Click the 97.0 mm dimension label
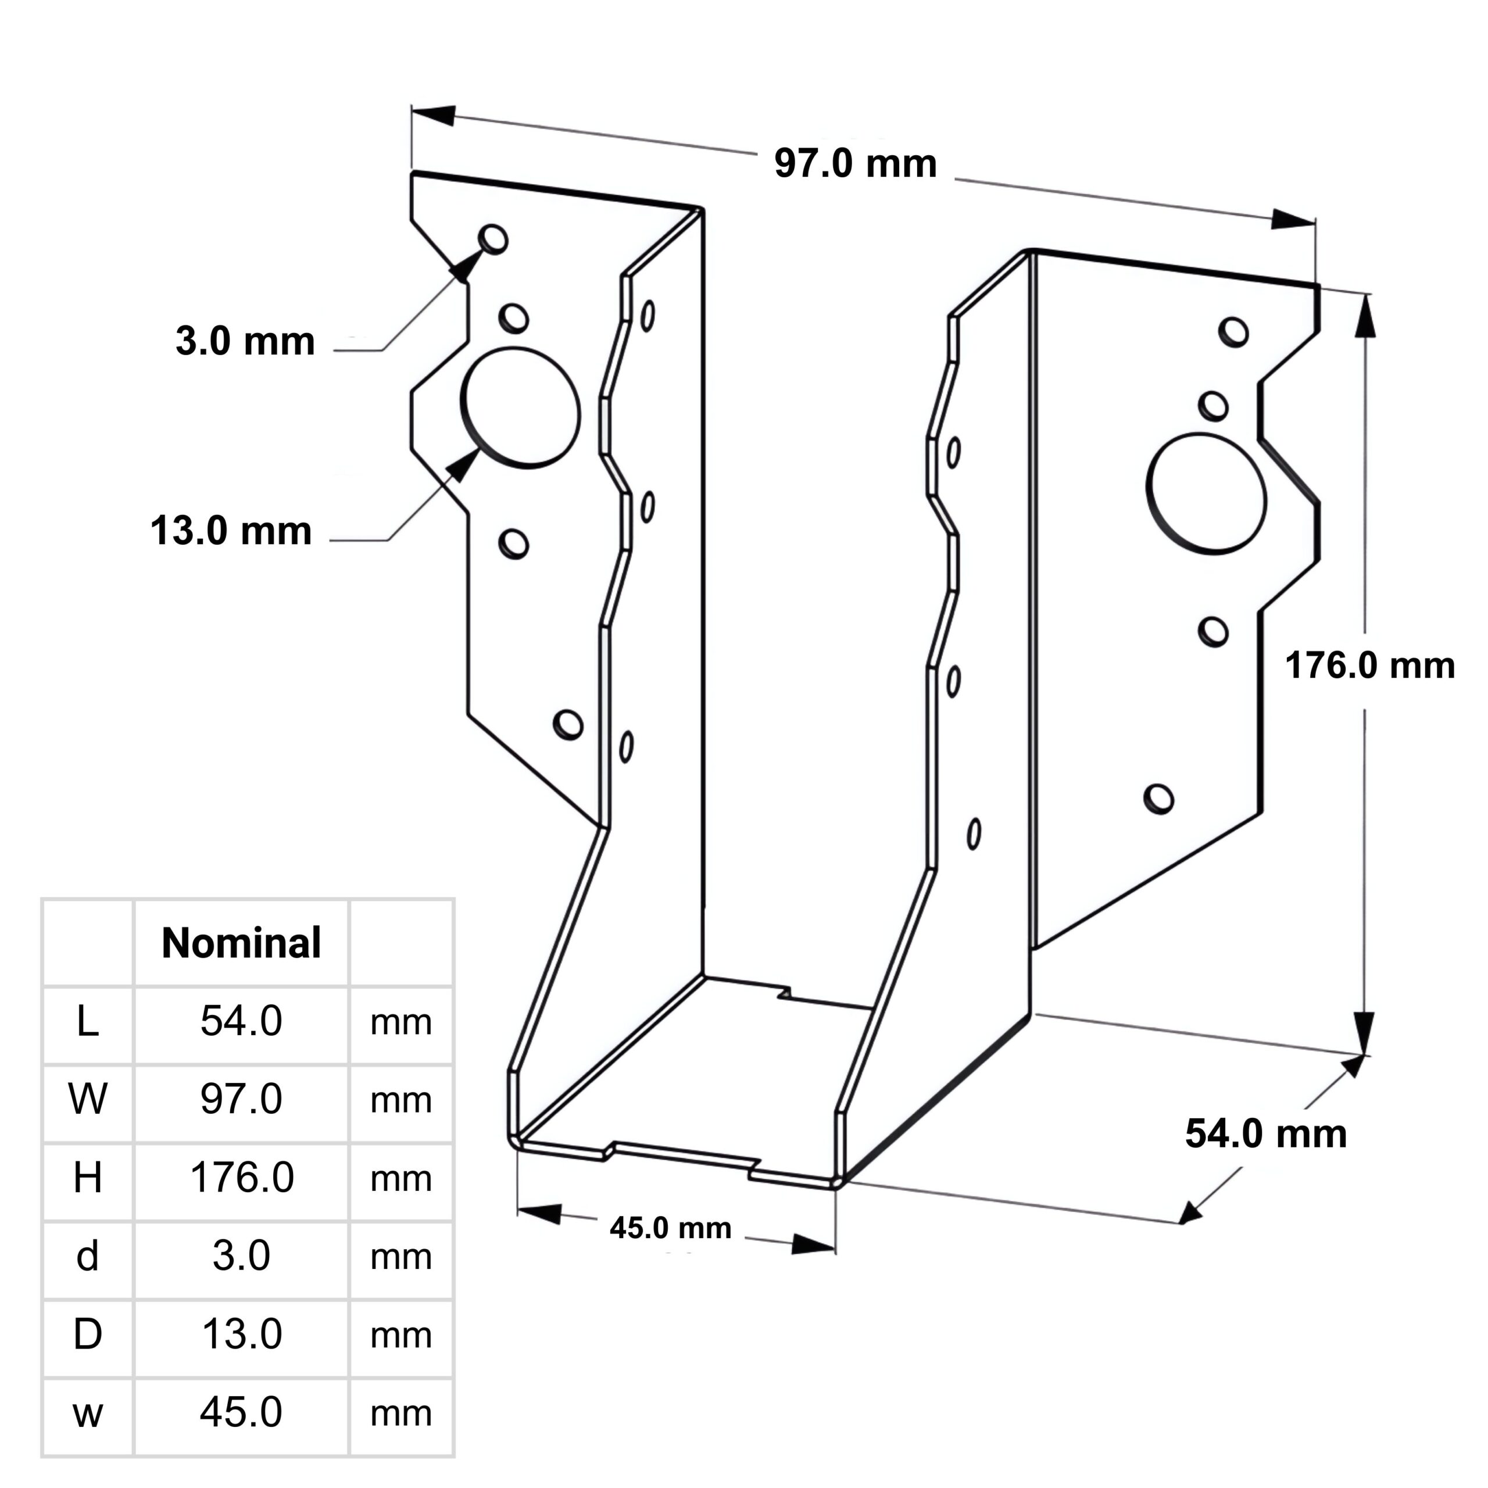[855, 164]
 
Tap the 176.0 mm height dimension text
[1369, 666]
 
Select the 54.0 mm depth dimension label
[1265, 1133]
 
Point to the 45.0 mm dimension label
[670, 1228]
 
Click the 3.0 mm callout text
[245, 341]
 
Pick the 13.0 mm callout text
[231, 531]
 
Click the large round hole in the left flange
[521, 408]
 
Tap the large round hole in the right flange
[1206, 493]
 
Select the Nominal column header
[241, 943]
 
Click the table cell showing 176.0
[242, 1177]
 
